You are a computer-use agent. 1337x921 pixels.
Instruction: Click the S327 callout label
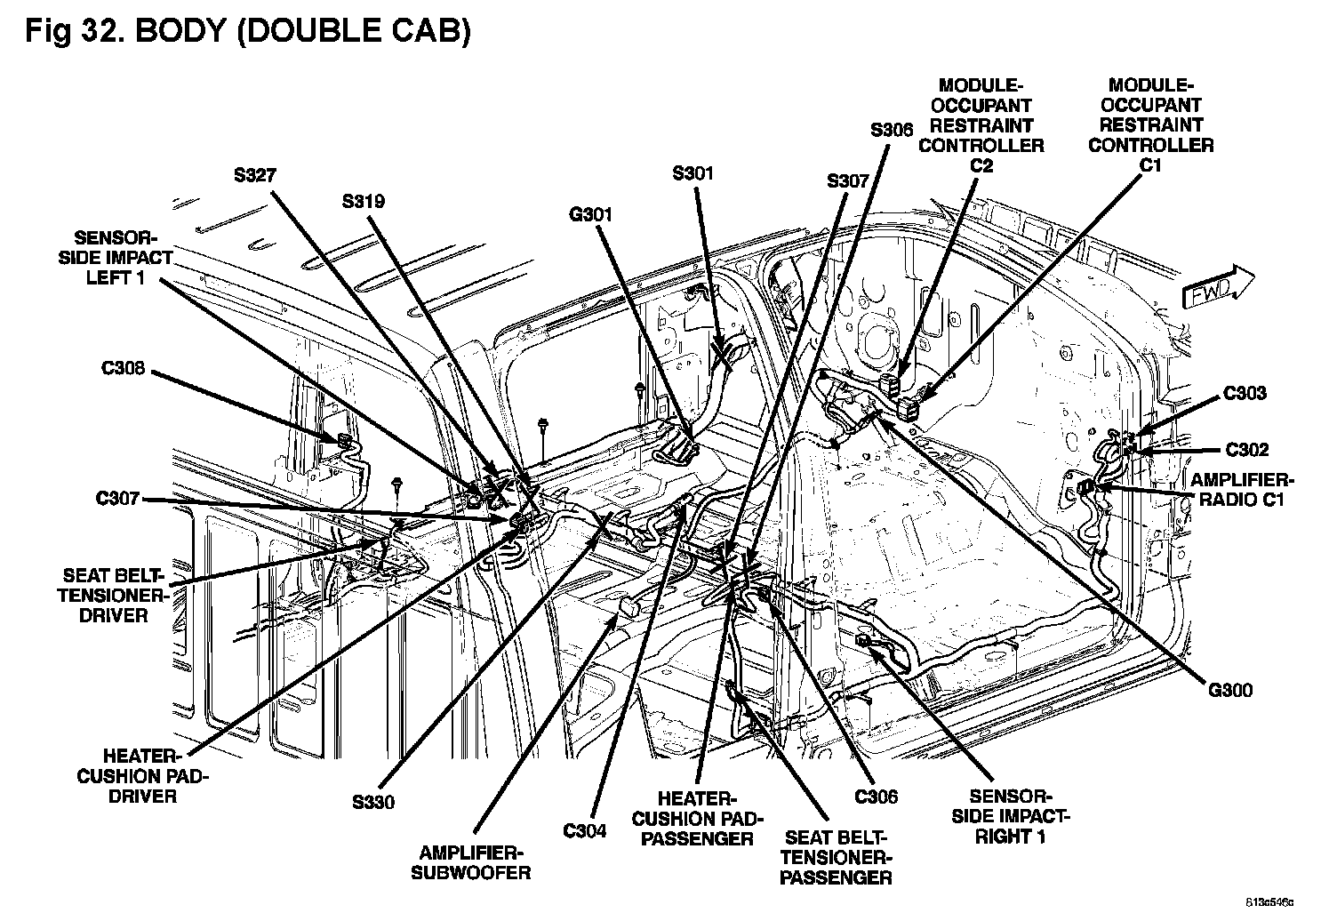[x=255, y=175]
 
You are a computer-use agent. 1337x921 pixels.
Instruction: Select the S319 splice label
[x=363, y=201]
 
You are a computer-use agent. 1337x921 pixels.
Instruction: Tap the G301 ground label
[x=591, y=214]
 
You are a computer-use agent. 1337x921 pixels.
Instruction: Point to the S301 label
[x=693, y=173]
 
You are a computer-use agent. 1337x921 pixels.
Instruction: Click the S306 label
[x=891, y=130]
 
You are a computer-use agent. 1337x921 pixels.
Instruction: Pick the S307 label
[x=847, y=181]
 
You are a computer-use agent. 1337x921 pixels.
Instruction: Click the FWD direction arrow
[x=1217, y=287]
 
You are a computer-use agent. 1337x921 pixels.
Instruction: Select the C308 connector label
[x=123, y=369]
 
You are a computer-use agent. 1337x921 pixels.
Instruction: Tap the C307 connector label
[x=118, y=499]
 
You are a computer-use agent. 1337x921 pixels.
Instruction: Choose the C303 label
[x=1245, y=393]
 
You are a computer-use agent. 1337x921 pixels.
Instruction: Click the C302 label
[x=1246, y=450]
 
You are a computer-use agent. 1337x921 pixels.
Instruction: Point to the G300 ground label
[x=1230, y=690]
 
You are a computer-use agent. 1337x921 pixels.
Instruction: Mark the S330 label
[x=372, y=802]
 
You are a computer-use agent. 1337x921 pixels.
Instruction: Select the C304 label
[x=584, y=831]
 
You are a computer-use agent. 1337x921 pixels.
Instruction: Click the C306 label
[x=876, y=797]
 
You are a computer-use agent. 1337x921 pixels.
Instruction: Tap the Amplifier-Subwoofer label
[x=471, y=861]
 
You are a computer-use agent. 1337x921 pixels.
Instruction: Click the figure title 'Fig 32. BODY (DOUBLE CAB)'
[x=247, y=32]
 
